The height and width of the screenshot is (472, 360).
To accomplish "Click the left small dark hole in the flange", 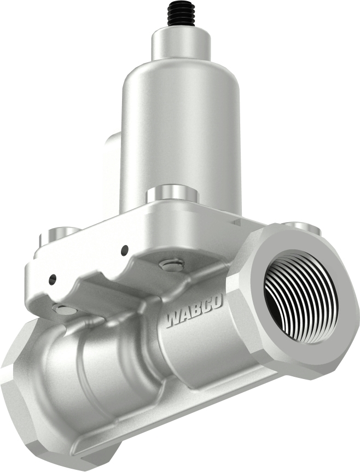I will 52,279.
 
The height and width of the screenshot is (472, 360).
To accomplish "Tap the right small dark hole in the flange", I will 125,250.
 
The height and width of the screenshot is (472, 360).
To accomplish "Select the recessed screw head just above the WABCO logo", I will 171,265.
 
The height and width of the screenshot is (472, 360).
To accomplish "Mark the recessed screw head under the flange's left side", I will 65,310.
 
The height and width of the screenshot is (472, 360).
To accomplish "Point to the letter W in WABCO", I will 173,318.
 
